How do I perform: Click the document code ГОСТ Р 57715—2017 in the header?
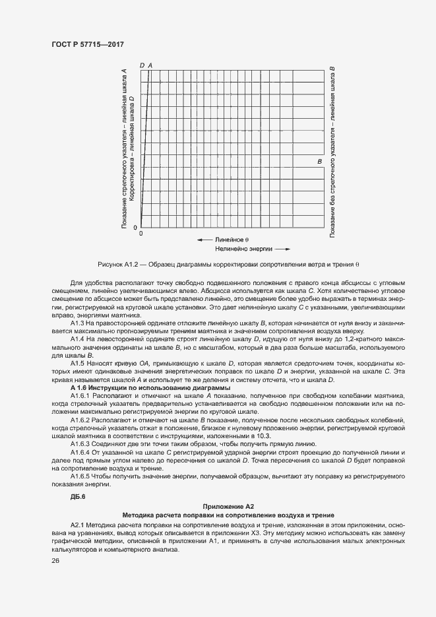pyautogui.click(x=87, y=45)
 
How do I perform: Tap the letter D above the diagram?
pyautogui.click(x=142, y=65)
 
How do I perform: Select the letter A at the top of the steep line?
pyautogui.click(x=150, y=65)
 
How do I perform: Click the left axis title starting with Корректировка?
pyautogui.click(x=132, y=148)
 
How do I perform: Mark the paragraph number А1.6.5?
pyautogui.click(x=82, y=475)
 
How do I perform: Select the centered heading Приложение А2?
pyautogui.click(x=228, y=505)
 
